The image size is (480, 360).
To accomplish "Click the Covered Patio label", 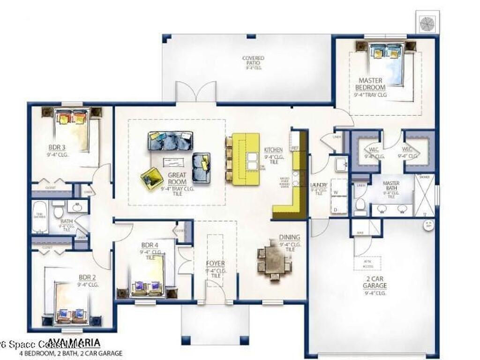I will pyautogui.click(x=253, y=62).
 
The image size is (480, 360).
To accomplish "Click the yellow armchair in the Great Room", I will pyautogui.click(x=151, y=178).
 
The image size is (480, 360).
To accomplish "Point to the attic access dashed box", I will pyautogui.click(x=367, y=263).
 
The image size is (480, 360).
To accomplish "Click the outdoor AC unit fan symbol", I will pyautogui.click(x=427, y=22).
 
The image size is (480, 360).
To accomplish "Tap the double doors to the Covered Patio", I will pyautogui.click(x=196, y=92).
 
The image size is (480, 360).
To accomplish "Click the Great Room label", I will pyautogui.click(x=177, y=178).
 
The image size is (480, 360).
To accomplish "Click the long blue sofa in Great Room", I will pyautogui.click(x=170, y=140).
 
